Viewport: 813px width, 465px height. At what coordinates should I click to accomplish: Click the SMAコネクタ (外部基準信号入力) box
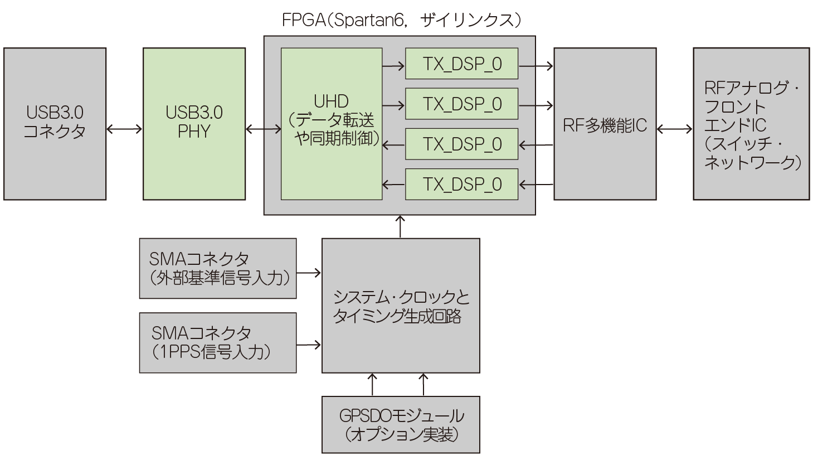[217, 268]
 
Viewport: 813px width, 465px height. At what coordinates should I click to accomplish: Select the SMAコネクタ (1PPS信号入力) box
[217, 342]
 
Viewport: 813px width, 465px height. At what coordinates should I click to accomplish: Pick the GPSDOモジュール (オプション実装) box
[401, 424]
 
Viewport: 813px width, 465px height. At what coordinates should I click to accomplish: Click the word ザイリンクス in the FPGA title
[467, 21]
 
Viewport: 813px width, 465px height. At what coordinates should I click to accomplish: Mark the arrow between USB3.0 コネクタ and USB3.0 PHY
[124, 129]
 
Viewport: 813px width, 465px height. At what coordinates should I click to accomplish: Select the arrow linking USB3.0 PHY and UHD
[263, 129]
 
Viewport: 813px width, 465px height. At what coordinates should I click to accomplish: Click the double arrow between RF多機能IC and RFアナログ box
[674, 129]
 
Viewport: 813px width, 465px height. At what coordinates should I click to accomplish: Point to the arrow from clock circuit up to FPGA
[401, 226]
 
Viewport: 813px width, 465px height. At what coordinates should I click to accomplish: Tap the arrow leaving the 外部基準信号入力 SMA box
[309, 273]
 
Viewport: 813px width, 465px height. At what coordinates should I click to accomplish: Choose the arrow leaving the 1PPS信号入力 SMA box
[309, 345]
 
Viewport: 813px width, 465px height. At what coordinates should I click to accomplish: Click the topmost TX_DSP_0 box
[461, 64]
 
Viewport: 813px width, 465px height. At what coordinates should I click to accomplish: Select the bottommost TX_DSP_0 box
[461, 184]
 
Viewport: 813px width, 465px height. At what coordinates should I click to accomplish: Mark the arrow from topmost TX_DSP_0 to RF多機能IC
[535, 66]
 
